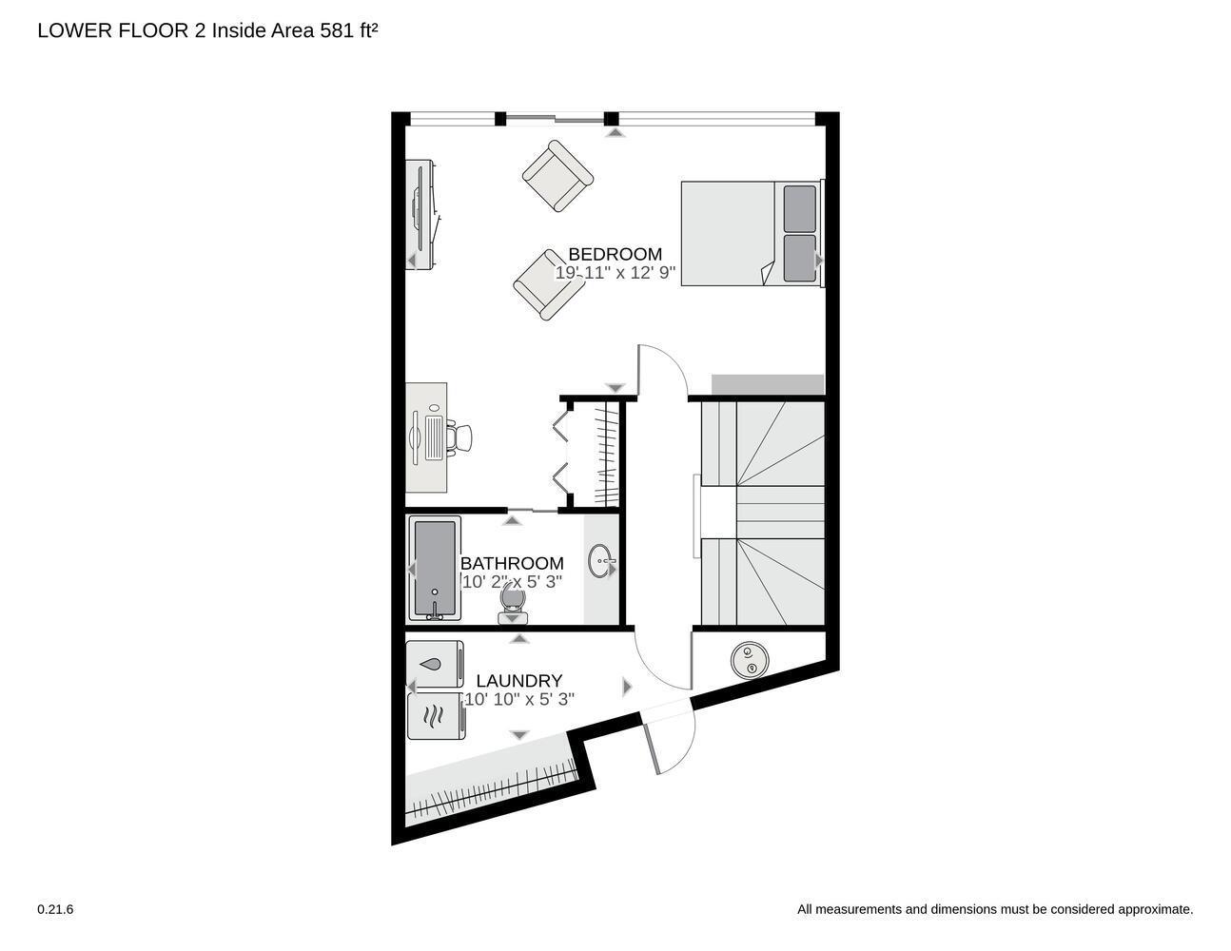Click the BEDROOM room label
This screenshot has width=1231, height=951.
click(x=615, y=254)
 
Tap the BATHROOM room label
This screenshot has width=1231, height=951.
click(x=512, y=563)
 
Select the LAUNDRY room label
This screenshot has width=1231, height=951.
click(x=518, y=681)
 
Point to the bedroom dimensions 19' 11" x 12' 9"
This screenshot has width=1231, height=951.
click(x=615, y=273)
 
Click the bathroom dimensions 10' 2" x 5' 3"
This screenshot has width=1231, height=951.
click(x=512, y=582)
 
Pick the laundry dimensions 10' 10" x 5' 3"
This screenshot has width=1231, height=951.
click(x=518, y=700)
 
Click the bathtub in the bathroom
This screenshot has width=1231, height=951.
click(x=435, y=569)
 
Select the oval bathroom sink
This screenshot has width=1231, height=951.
click(x=600, y=561)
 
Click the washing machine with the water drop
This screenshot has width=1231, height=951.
click(x=435, y=664)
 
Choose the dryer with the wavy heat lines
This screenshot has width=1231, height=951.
click(x=435, y=716)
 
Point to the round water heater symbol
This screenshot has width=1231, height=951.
click(x=749, y=660)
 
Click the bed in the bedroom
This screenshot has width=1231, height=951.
click(x=750, y=233)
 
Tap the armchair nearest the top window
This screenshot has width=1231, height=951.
click(x=557, y=176)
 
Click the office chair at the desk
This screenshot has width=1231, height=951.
click(x=459, y=437)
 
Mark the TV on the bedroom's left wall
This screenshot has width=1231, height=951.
click(x=421, y=215)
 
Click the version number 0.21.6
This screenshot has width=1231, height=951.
click(x=55, y=909)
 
